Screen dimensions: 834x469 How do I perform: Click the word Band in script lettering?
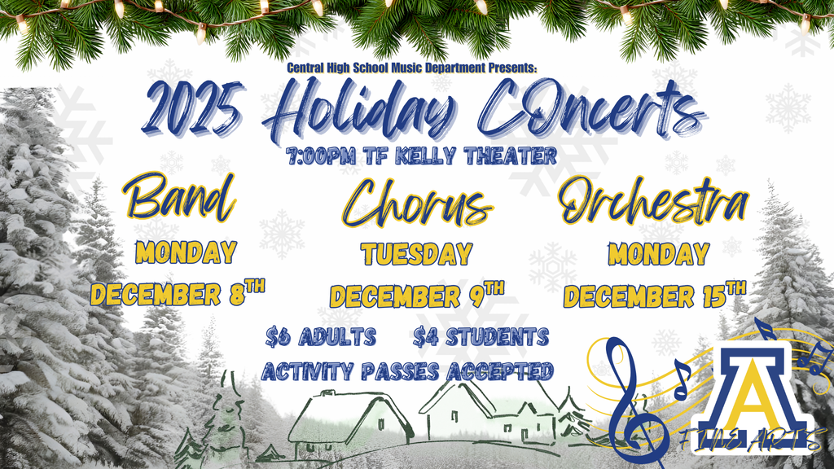tap(179, 197)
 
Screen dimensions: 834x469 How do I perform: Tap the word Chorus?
tap(418, 203)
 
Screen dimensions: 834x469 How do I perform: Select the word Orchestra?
tap(654, 200)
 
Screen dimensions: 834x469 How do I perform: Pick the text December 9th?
tap(417, 295)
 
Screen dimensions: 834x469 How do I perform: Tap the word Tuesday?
tap(417, 254)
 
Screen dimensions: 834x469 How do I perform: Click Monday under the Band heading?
tap(186, 252)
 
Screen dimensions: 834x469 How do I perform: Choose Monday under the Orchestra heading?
tap(659, 254)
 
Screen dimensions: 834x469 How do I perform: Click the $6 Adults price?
tap(321, 337)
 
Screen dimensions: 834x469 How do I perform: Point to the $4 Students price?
tap(481, 337)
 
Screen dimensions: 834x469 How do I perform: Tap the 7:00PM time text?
tap(321, 156)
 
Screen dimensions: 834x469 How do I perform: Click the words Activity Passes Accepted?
tap(407, 371)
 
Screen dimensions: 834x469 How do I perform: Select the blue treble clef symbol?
tap(634, 400)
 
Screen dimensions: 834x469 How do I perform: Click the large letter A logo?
tap(752, 392)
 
